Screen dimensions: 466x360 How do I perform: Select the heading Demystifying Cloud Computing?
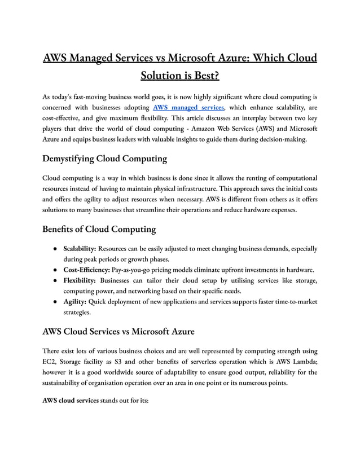click(104, 159)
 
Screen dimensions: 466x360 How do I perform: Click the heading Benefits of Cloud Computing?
click(99, 230)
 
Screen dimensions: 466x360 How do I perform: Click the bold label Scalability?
click(80, 248)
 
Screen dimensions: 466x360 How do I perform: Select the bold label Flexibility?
click(79, 280)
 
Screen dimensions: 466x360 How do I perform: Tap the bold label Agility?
click(75, 302)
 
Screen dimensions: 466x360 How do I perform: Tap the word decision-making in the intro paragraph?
click(278, 139)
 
